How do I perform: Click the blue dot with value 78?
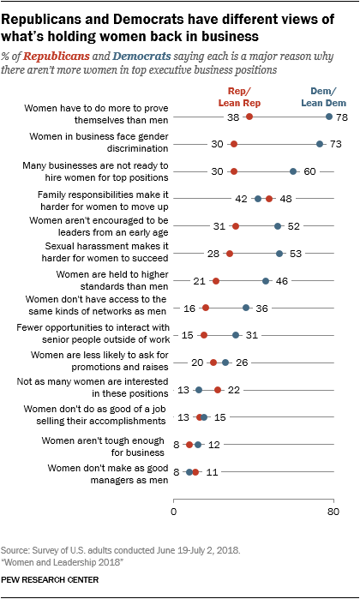(328, 117)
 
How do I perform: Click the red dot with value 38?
(249, 117)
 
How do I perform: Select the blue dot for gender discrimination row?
(320, 144)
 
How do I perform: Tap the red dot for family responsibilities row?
(269, 199)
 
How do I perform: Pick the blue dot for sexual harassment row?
(279, 254)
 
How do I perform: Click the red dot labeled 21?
(216, 281)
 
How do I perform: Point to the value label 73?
(337, 144)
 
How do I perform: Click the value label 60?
(311, 171)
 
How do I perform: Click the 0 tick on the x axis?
(174, 513)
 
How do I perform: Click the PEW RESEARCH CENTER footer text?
(51, 580)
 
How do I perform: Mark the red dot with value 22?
(218, 390)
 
